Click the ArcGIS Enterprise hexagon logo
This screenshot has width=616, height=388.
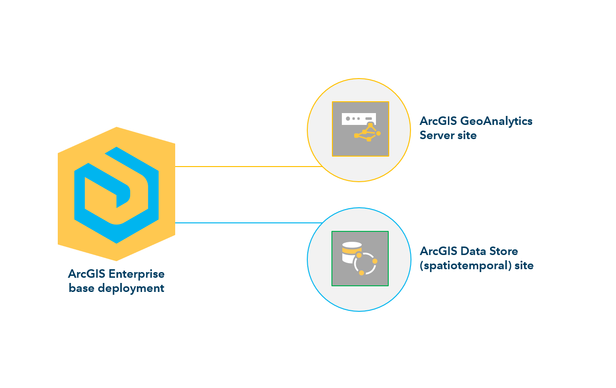point(116,194)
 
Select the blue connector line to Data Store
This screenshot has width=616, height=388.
point(246,222)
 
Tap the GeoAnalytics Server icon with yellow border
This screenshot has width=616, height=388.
point(360,128)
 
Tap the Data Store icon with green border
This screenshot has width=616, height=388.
point(360,258)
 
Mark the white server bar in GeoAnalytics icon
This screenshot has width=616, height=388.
point(358,118)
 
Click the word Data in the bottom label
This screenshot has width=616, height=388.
point(472,251)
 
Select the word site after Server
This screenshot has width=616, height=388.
point(466,135)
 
